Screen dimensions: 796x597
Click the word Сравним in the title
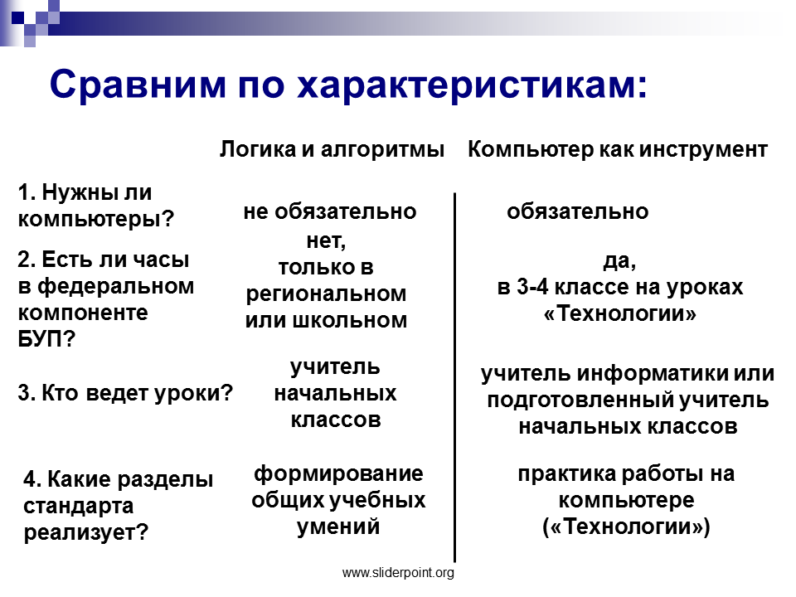pos(138,84)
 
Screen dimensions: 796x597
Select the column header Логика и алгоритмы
pos(332,150)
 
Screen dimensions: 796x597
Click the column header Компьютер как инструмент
pos(617,150)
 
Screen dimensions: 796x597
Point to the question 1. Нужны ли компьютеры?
pos(96,206)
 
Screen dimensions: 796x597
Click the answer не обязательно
pos(330,211)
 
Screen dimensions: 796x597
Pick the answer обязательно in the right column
pos(578,211)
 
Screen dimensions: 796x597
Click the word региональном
pos(327,294)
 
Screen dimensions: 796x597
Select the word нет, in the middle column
pos(327,241)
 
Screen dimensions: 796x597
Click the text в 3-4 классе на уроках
pos(620,288)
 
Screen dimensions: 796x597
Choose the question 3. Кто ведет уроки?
pos(125,393)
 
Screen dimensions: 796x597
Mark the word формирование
pos(338,474)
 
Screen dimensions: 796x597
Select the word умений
pos(338,527)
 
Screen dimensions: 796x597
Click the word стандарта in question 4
pos(79,506)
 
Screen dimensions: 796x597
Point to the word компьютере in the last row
pos(627,501)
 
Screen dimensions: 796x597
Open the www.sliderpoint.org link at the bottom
pos(399,573)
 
